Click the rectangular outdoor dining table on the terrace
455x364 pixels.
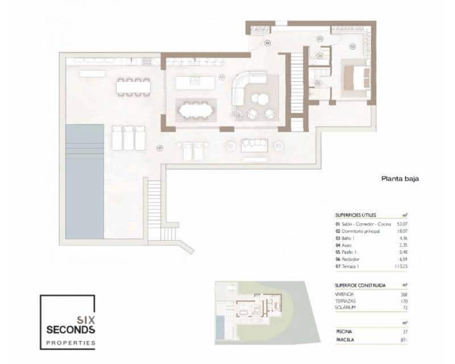(x=134, y=86)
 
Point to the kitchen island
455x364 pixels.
(x=195, y=83)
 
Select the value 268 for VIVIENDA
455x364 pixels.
(x=403, y=293)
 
